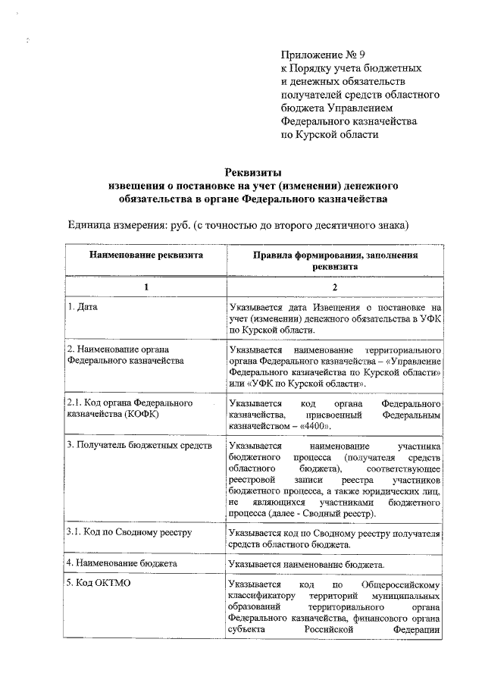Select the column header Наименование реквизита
coord(146,255)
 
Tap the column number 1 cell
coord(146,287)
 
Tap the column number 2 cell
coord(334,287)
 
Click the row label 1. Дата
coord(83,308)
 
